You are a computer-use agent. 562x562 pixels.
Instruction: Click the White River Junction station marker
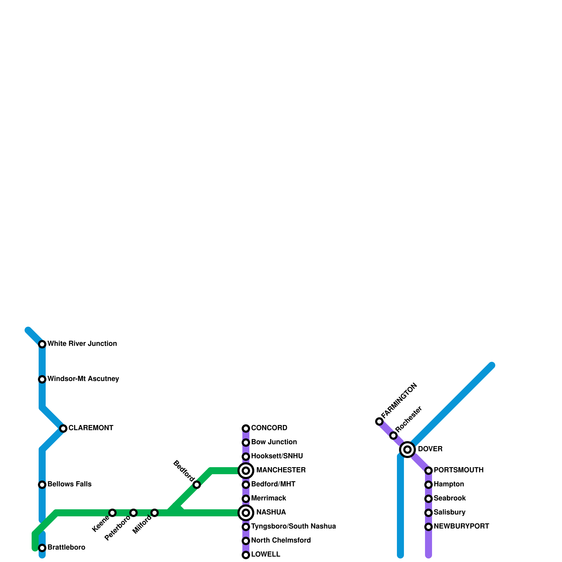42,344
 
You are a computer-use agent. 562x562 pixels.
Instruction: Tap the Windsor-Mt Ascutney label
83,379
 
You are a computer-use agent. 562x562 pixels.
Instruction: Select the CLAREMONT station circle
63,429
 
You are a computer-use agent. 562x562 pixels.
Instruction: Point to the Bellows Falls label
70,484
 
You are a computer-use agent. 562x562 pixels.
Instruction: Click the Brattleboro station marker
42,548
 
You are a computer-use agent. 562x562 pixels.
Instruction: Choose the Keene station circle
112,513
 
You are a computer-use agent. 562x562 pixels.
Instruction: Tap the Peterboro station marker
133,513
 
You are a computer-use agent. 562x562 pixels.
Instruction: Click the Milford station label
142,525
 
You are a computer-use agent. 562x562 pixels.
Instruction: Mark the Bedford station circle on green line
197,485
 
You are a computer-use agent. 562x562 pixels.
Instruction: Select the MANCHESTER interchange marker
246,471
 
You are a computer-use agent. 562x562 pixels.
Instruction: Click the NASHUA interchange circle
246,513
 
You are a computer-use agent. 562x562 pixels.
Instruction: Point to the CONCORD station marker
246,429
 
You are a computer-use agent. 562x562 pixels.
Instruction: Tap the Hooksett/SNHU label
277,456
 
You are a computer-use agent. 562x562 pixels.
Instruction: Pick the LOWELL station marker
246,555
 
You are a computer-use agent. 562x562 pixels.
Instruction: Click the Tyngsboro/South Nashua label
293,527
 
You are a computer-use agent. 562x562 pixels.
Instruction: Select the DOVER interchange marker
407,449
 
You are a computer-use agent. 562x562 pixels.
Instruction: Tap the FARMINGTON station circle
379,421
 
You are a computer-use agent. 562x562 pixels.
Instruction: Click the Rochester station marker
393,436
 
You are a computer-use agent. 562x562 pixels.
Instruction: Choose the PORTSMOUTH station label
458,470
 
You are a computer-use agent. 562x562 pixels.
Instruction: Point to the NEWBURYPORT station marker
429,527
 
